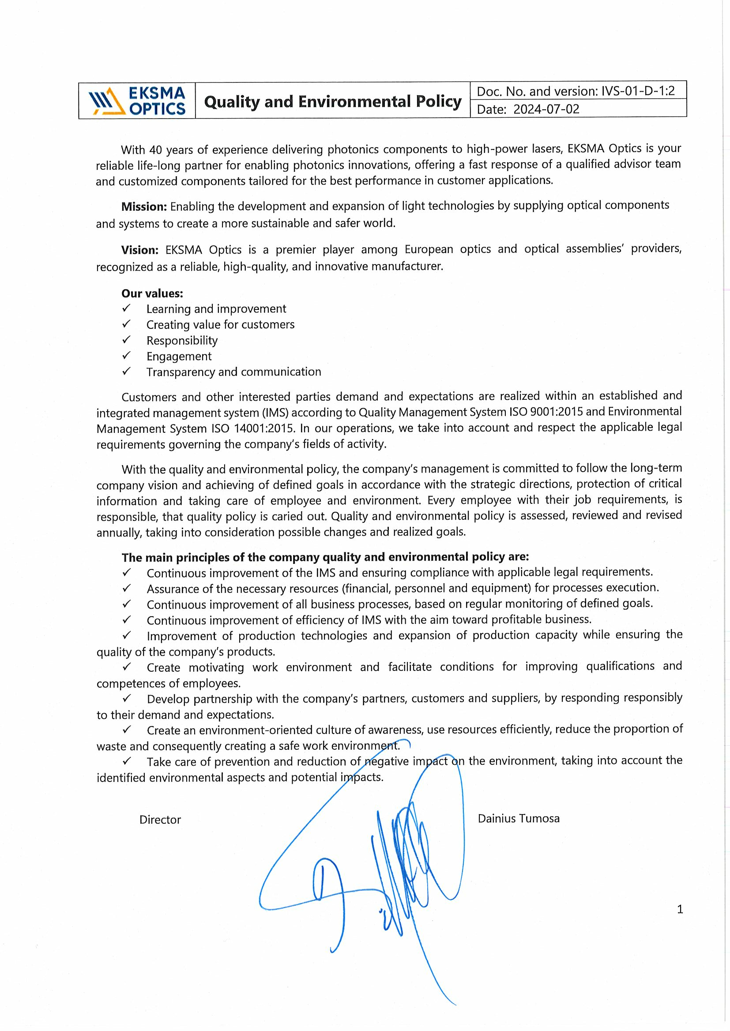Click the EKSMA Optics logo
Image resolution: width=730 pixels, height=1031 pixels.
click(x=137, y=100)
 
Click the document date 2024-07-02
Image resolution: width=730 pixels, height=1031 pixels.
click(x=546, y=109)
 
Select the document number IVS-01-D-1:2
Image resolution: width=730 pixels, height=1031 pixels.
click(x=638, y=91)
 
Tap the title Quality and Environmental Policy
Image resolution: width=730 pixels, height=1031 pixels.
click(x=333, y=101)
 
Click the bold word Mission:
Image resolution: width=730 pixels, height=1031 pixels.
click(x=144, y=207)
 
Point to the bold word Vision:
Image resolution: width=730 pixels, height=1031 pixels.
click(x=140, y=249)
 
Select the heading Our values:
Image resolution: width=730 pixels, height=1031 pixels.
click(x=152, y=293)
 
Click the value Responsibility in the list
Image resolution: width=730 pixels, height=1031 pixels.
click(x=181, y=340)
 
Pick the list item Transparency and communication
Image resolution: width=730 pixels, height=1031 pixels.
click(x=233, y=372)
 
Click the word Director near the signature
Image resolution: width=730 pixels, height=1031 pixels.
click(x=160, y=819)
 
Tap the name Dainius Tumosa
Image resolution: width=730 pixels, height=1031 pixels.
click(x=518, y=818)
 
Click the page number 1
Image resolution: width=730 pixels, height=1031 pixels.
click(x=680, y=909)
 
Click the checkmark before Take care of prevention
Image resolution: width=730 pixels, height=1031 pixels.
click(x=127, y=761)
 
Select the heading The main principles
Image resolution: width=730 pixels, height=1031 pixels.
click(x=325, y=557)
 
